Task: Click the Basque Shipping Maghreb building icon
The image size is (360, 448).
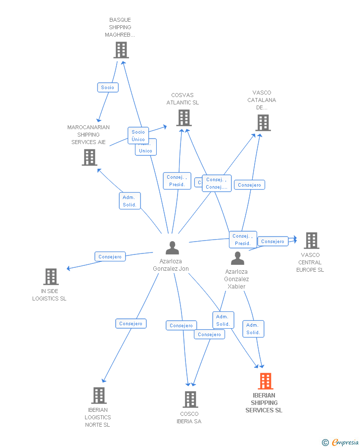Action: click(121, 50)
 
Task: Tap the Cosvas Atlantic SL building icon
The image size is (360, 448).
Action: click(183, 118)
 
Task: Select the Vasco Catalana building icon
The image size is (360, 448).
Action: click(263, 123)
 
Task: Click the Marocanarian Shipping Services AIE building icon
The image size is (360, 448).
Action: click(89, 157)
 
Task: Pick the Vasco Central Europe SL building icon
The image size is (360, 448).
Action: click(311, 241)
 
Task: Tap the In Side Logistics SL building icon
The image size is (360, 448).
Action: click(51, 277)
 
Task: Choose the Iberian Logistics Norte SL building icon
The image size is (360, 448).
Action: click(99, 396)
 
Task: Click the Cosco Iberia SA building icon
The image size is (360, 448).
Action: click(190, 399)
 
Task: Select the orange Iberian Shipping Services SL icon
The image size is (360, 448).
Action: click(266, 381)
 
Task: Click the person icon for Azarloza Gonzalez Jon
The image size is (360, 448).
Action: click(172, 248)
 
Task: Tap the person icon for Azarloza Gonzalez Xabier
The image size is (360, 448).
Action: click(237, 258)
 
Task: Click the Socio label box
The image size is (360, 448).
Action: click(107, 88)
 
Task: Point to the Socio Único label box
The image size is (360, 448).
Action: click(138, 135)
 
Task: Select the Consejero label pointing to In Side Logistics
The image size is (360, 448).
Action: click(110, 256)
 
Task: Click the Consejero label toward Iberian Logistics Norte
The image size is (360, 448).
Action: click(131, 324)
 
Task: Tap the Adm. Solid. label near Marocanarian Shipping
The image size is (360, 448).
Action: click(130, 201)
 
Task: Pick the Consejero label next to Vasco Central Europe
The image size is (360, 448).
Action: click(272, 241)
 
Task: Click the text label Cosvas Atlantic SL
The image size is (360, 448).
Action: click(182, 99)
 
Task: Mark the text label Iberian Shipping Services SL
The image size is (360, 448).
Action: click(264, 403)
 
